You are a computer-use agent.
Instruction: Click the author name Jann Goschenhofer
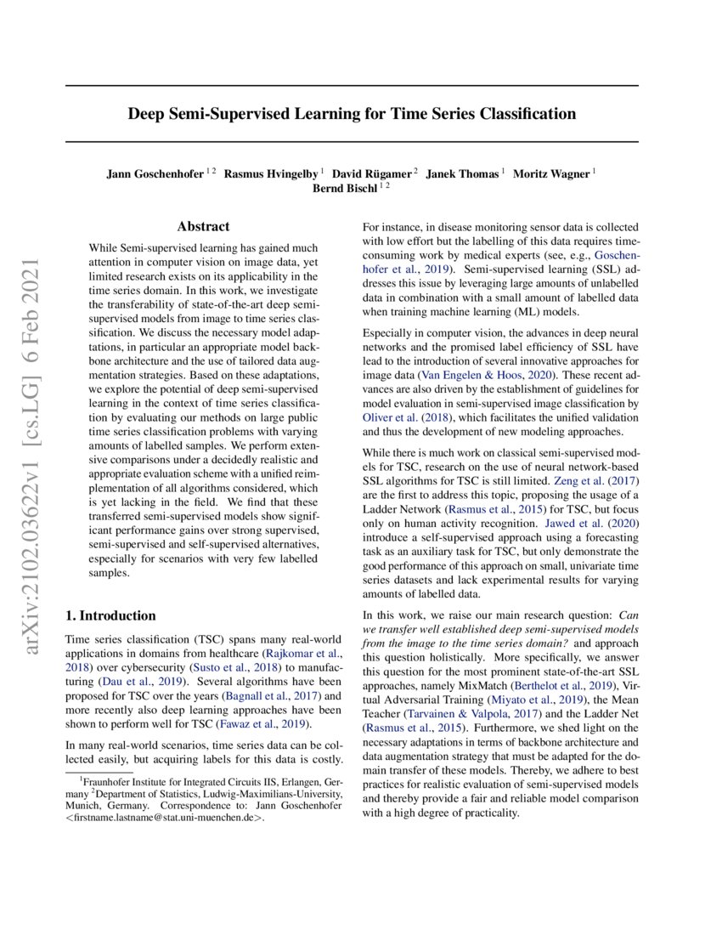coord(155,173)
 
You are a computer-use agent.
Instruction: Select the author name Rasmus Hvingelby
coord(272,173)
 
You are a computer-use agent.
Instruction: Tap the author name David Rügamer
coord(371,173)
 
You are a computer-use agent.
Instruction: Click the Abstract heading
coord(203,227)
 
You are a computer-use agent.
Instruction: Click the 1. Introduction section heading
coord(110,615)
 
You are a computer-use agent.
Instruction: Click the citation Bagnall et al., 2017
coord(261,694)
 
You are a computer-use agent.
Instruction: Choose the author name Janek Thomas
coord(462,173)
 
